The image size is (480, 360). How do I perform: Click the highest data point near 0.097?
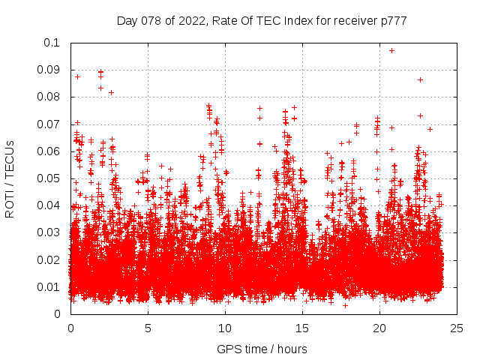tap(391, 50)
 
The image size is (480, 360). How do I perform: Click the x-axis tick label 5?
tap(148, 328)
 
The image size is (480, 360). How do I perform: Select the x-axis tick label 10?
tap(225, 328)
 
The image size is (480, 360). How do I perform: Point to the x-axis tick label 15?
tap(302, 328)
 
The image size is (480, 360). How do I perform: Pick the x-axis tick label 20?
tap(379, 328)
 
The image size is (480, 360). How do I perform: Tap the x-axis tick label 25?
tap(457, 328)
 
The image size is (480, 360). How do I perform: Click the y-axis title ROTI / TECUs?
tap(10, 178)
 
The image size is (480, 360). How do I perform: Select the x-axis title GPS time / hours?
tap(262, 349)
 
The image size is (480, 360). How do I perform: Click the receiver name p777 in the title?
tap(393, 21)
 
